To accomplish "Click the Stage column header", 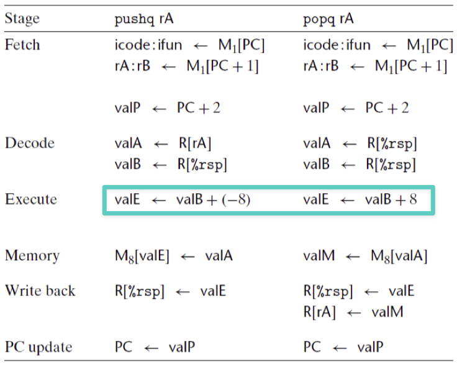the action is [x=22, y=19].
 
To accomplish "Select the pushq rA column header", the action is [x=144, y=19].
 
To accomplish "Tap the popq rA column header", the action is [x=328, y=19].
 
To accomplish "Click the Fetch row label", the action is [x=22, y=45].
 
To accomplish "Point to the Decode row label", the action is [x=30, y=143].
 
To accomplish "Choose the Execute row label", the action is [x=31, y=199].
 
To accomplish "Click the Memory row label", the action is [x=32, y=256].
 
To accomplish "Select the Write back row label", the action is [x=40, y=291].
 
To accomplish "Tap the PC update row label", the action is [x=38, y=347].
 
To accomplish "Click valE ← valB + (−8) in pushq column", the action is [x=183, y=200].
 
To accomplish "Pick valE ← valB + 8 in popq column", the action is [x=360, y=200].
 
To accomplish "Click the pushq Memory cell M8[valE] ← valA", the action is [x=174, y=256].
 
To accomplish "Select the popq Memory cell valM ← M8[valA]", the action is [x=365, y=256].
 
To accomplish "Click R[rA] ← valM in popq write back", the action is [x=353, y=312].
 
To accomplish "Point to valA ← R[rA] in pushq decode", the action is [x=163, y=143].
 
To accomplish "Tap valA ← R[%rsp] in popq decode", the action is [x=360, y=143].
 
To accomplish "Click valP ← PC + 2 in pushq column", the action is [x=168, y=108].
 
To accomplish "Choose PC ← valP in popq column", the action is [x=343, y=347].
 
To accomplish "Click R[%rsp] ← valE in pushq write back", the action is [x=170, y=291].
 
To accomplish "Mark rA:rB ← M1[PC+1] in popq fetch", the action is [x=375, y=66].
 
